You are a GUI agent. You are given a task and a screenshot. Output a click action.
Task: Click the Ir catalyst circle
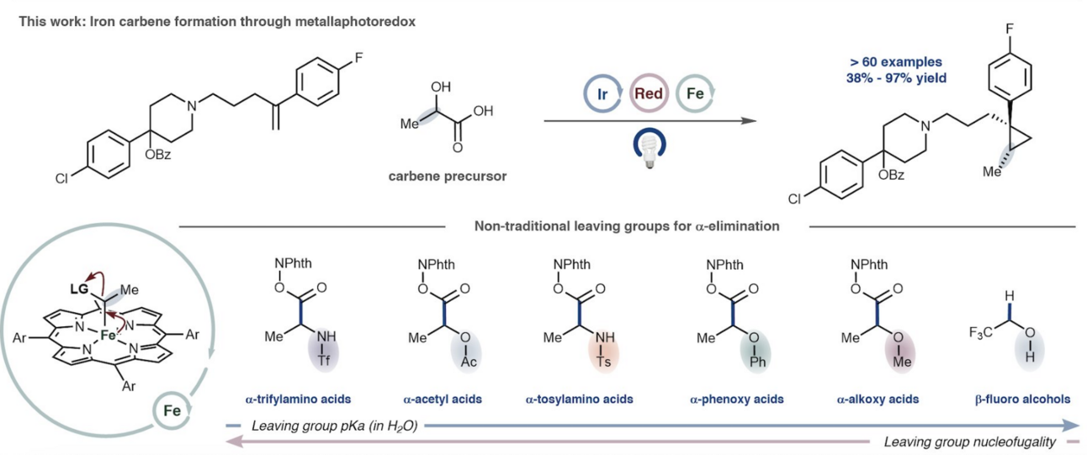click(602, 93)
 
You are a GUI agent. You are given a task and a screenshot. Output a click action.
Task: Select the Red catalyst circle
click(649, 93)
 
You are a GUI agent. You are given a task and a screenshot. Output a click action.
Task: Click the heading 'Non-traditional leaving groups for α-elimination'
click(627, 225)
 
